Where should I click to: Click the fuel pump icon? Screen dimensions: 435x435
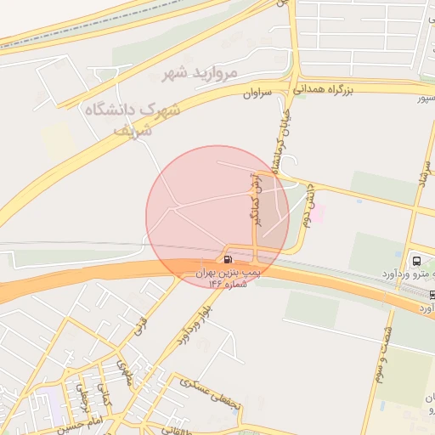228,258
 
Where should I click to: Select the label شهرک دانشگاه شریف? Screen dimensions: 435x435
134,119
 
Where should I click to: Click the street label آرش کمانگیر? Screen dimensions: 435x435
254,197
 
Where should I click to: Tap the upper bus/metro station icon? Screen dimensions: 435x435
416,260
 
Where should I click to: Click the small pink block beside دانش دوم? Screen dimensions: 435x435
317,213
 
